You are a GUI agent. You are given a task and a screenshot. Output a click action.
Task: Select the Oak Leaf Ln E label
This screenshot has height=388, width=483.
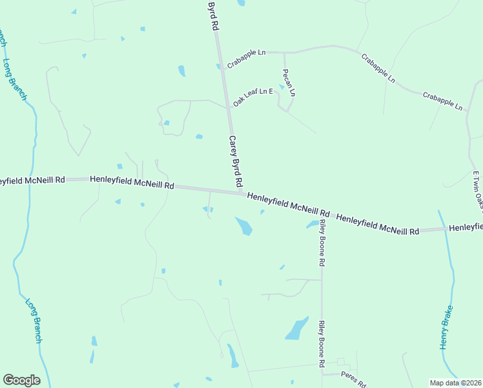[x=254, y=96]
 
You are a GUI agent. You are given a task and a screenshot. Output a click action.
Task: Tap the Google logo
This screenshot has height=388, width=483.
[x=21, y=380]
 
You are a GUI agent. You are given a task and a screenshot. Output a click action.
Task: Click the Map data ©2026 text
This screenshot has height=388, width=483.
[x=456, y=382]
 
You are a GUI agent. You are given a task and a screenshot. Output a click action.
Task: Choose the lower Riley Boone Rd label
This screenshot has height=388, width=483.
[x=321, y=344]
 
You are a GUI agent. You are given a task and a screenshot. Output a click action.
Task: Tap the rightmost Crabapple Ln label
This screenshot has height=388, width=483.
[x=443, y=100]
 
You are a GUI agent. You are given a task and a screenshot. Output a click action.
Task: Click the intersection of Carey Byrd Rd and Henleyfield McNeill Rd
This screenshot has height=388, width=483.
[x=241, y=192]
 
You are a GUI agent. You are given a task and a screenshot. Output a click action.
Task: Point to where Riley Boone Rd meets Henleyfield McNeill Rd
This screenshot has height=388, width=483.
[x=322, y=212]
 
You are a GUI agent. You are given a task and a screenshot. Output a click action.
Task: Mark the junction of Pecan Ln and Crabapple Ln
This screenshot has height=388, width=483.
[x=284, y=52]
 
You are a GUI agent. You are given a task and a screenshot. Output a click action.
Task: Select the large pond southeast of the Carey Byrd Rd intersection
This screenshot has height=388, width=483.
[x=243, y=226]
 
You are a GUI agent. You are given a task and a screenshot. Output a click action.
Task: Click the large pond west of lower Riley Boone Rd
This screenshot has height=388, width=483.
[x=297, y=329]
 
